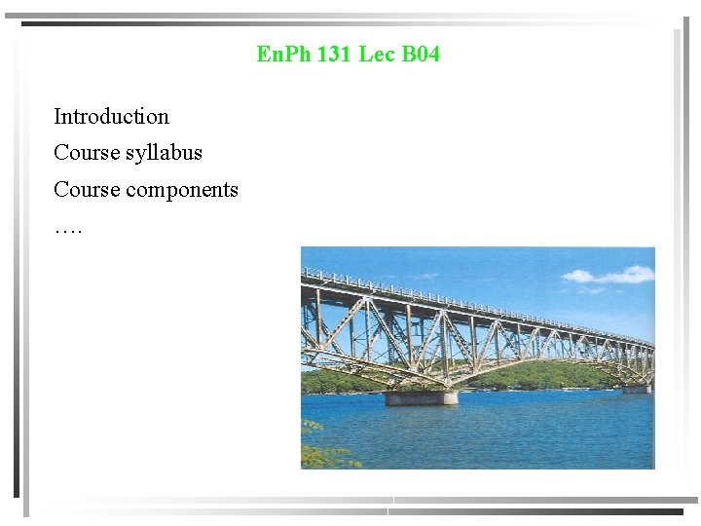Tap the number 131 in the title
[x=334, y=55]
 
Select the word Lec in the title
[x=376, y=55]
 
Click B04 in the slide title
[x=421, y=55]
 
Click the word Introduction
[x=111, y=117]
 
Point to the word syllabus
[x=164, y=154]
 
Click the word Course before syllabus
[x=87, y=153]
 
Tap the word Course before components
[x=87, y=189]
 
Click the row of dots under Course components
[x=68, y=230]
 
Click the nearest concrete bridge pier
[x=421, y=397]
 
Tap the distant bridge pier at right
[x=638, y=389]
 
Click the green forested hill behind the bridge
[x=545, y=376]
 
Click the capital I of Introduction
[x=57, y=117]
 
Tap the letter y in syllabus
[x=142, y=155]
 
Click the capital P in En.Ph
[x=294, y=55]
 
